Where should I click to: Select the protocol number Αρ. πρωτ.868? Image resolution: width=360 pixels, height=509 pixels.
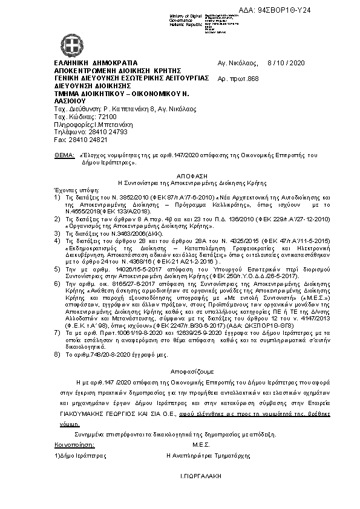click(x=238, y=79)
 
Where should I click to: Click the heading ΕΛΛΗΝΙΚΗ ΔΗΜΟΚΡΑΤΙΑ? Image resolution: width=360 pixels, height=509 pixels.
click(x=96, y=63)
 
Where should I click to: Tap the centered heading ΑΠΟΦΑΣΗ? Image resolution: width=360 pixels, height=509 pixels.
click(x=180, y=173)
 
